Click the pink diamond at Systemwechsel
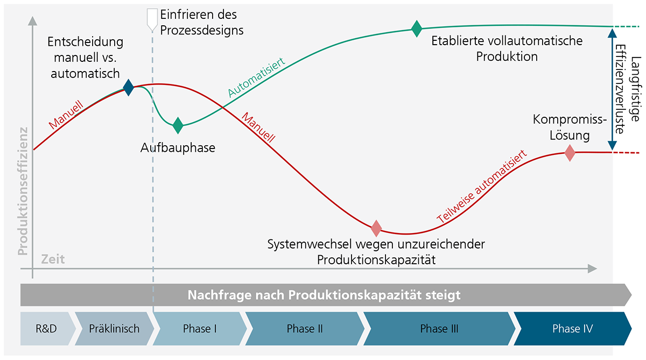tap(376, 228)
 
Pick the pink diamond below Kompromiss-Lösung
tap(570, 154)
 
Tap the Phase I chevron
tap(200, 328)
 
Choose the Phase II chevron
tap(305, 328)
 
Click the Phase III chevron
tap(439, 328)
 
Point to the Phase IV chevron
tap(572, 328)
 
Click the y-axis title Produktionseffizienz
tap(23, 190)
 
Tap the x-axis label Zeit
tap(53, 259)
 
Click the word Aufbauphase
tap(178, 147)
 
